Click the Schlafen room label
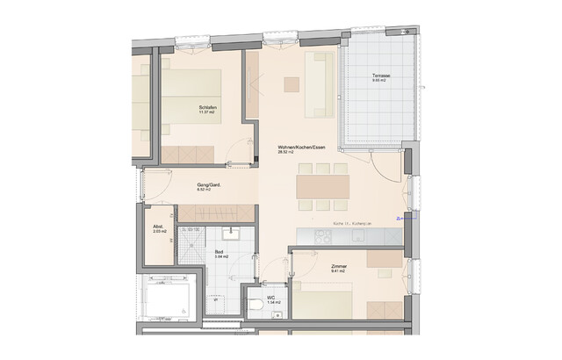207,107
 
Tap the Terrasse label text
380,76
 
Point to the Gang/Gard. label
208,185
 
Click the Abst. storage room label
157,227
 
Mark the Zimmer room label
339,266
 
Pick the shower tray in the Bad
191,242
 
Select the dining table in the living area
323,186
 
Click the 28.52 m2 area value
285,152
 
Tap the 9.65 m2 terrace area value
380,82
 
